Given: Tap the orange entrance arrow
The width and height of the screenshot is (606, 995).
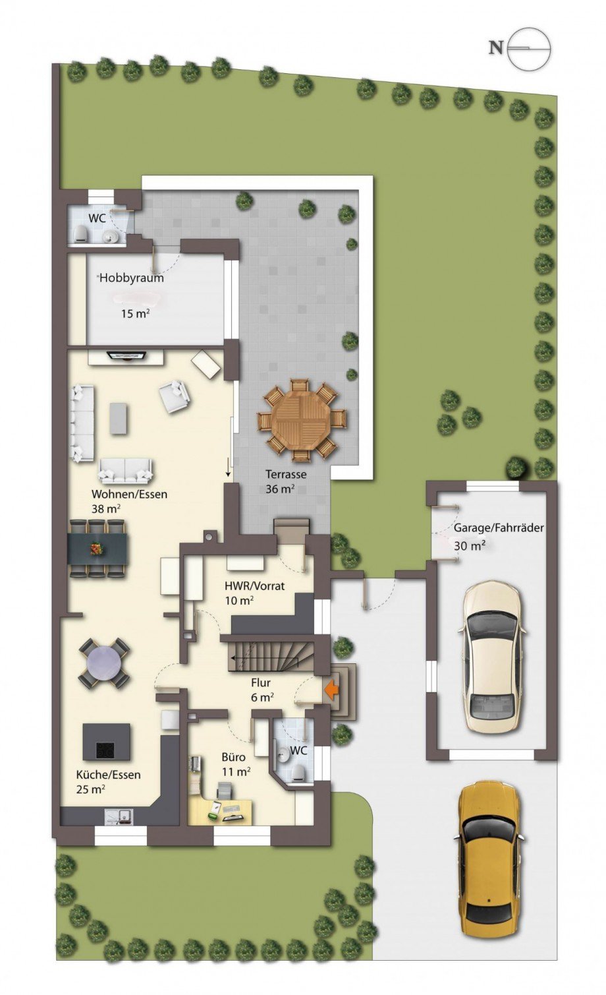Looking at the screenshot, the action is pos(331,690).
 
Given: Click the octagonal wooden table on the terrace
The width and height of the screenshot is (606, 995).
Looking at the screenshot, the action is pos(302,420).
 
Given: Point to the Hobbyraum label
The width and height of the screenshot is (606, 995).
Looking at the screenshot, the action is pos(131,278).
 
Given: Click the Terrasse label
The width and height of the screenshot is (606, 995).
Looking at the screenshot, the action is pos(286,474).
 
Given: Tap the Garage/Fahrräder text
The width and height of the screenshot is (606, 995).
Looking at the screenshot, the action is pos(499,528).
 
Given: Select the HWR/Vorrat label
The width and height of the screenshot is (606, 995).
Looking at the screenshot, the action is pos(255,586).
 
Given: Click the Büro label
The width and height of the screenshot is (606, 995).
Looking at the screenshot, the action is pos(233,756).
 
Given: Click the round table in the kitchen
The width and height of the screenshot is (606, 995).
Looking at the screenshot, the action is pos(104,663).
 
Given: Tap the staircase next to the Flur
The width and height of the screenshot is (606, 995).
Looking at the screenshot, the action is pos(271,655).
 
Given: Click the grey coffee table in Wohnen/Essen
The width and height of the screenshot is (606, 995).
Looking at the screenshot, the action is pos(119,418).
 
